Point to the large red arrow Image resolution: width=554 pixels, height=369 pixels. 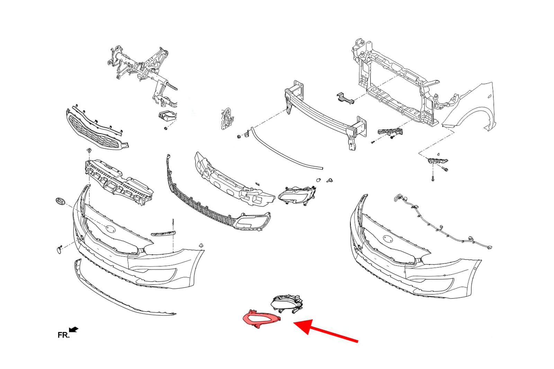[325, 331]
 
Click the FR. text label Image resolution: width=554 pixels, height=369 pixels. [64, 335]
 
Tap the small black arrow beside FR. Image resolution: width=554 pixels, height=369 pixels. [74, 330]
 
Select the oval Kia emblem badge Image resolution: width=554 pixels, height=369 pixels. [60, 201]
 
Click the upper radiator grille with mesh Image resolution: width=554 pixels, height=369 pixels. [97, 129]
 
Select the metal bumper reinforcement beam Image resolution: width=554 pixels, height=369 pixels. [325, 115]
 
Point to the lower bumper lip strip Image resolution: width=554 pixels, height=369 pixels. [125, 288]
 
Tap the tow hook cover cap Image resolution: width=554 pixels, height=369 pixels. [59, 250]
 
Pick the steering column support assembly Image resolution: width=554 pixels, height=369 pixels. [142, 74]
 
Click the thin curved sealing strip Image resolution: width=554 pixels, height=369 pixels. [287, 148]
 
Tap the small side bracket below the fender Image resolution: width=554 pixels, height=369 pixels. [438, 161]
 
